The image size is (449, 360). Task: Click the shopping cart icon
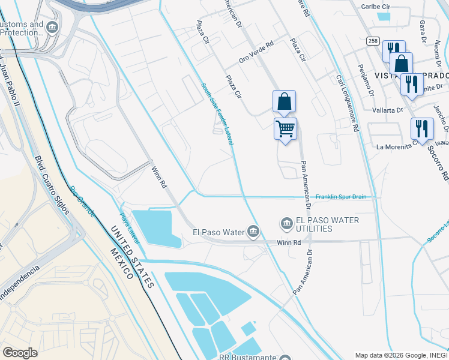(x=285, y=128)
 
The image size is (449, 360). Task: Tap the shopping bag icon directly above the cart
(x=284, y=101)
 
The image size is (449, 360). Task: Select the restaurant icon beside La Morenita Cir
(x=422, y=129)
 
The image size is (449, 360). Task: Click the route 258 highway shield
(x=373, y=40)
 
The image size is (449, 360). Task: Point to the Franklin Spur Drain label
(x=340, y=197)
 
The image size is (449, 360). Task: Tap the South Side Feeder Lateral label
(x=217, y=113)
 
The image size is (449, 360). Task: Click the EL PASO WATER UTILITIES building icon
(x=286, y=224)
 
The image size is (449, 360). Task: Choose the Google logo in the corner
(x=20, y=353)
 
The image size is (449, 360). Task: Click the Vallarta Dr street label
(x=388, y=110)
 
